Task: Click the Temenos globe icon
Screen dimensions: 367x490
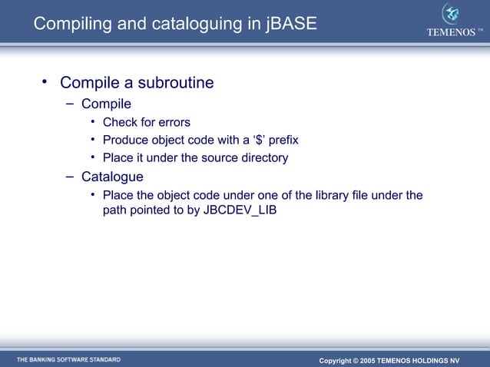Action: point(451,15)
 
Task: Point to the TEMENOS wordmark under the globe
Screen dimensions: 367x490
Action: point(451,31)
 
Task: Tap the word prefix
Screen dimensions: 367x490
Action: point(283,140)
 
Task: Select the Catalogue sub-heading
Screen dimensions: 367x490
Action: point(112,177)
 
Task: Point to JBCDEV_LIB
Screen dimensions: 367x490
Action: point(240,210)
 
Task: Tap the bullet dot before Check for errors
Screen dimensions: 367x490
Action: point(92,122)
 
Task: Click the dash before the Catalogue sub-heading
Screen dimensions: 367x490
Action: point(69,177)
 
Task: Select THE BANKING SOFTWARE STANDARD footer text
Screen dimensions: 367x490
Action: point(69,359)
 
